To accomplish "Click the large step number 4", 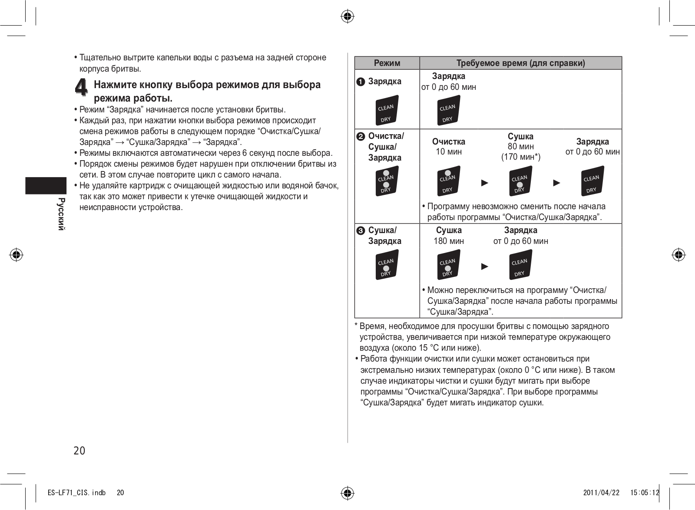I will click(81, 87).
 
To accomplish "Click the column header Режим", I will click(387, 63).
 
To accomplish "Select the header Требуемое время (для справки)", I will click(520, 63).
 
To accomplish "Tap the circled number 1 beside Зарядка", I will click(361, 82).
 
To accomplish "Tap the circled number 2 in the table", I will click(361, 137).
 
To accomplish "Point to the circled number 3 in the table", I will click(361, 231).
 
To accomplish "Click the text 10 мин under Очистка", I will click(449, 151).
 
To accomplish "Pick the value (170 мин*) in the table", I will click(520, 157).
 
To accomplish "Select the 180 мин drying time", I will click(449, 241).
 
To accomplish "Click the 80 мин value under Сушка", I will click(520, 147).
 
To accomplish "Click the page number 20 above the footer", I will click(79, 451).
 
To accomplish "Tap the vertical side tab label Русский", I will click(61, 214).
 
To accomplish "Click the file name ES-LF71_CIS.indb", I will click(76, 492).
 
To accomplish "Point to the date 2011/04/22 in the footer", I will click(601, 492).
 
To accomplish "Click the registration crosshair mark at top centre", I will click(347, 17).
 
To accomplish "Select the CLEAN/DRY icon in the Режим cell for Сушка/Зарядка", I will click(386, 265).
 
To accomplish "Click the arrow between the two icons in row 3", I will click(485, 266).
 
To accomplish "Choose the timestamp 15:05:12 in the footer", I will click(645, 492).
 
